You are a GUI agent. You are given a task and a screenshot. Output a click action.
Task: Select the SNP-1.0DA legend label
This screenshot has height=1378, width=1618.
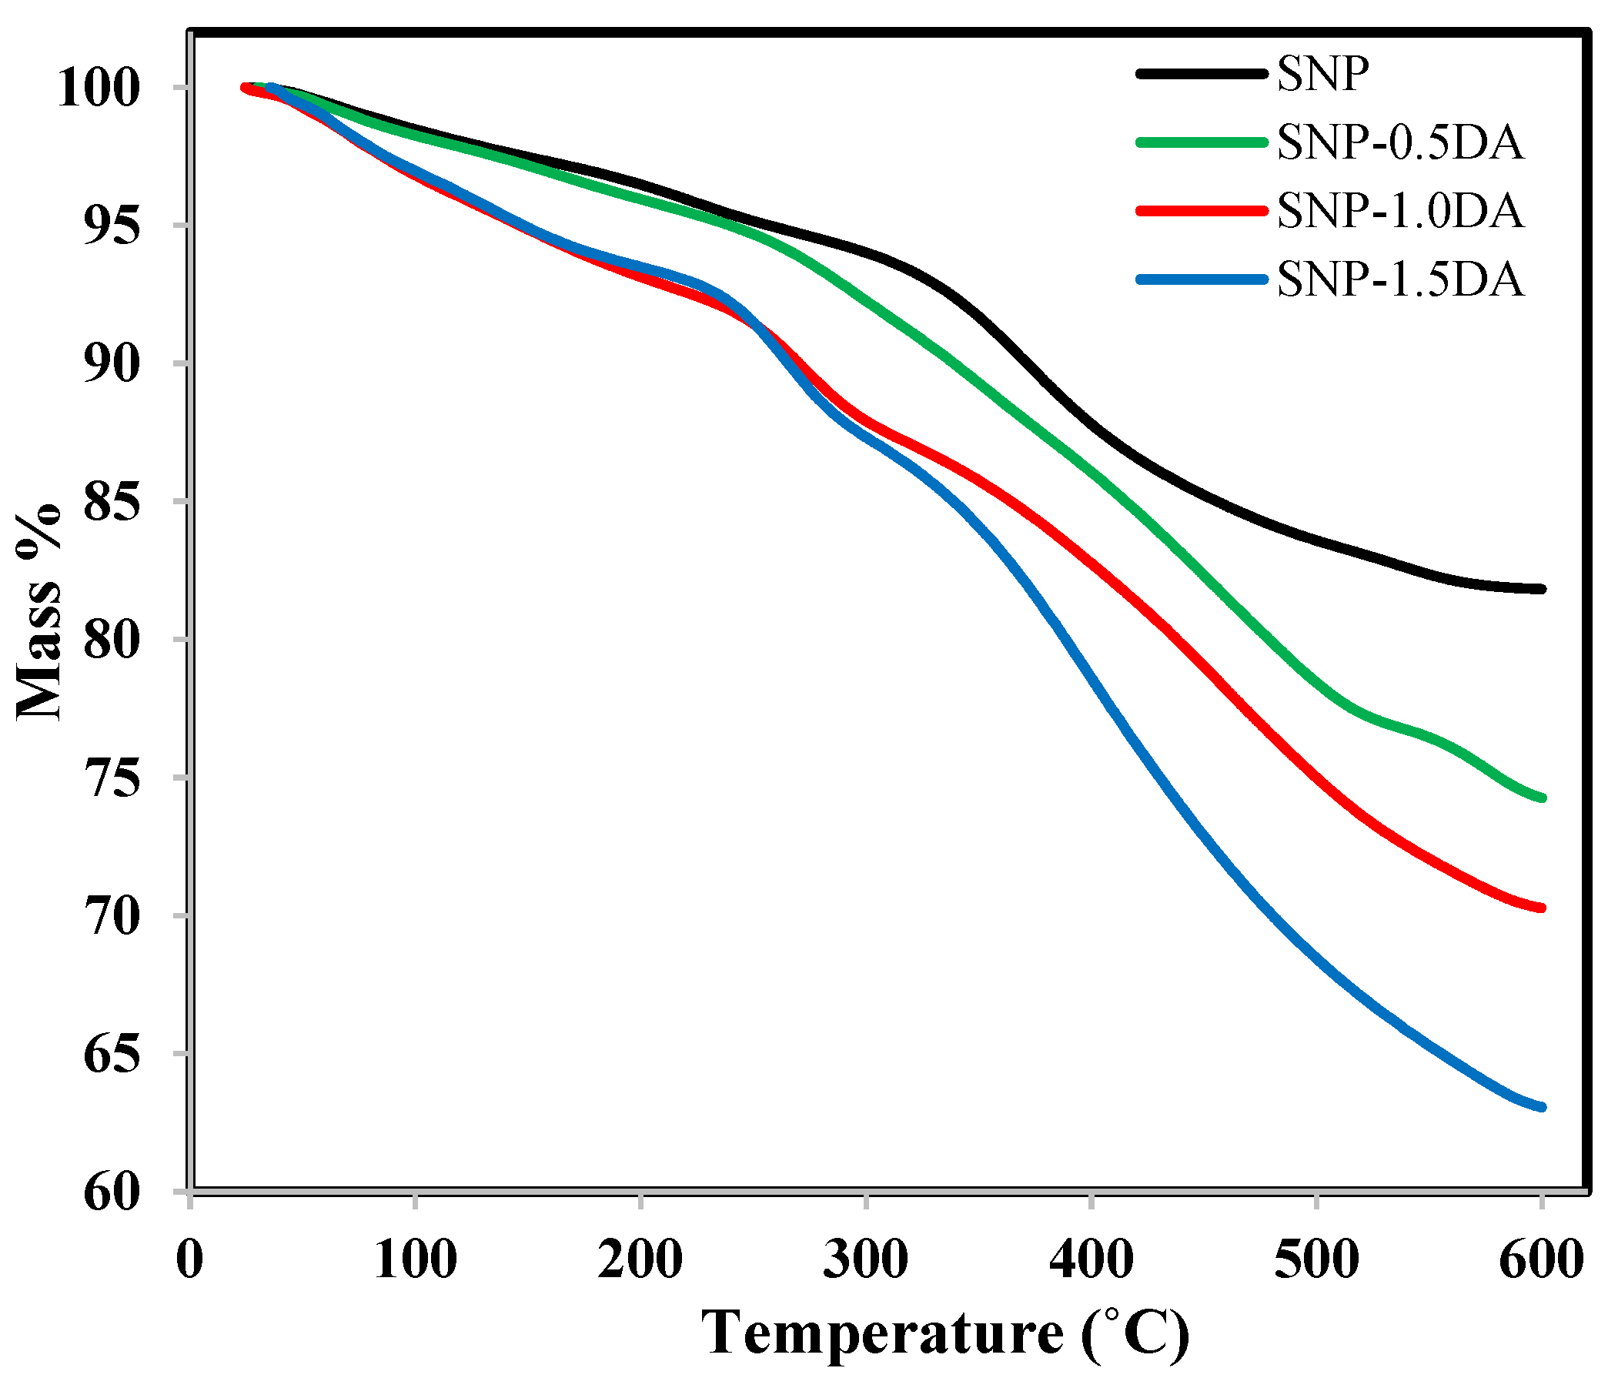click(x=1399, y=211)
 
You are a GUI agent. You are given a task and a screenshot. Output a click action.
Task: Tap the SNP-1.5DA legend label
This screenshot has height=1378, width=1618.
click(x=1399, y=279)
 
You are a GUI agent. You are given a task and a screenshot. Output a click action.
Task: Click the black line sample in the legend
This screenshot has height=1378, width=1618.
click(x=1201, y=74)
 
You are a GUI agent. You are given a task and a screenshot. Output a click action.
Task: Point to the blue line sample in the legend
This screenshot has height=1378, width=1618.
click(x=1201, y=279)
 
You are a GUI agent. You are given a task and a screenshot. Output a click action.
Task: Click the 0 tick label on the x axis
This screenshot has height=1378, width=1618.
click(x=190, y=1259)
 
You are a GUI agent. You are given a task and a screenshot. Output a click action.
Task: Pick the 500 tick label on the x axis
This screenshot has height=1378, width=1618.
click(x=1315, y=1259)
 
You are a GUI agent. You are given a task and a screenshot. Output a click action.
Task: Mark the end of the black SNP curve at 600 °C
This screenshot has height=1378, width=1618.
click(x=1541, y=589)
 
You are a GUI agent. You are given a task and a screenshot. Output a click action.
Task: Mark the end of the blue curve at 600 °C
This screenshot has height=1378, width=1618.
click(x=1541, y=1107)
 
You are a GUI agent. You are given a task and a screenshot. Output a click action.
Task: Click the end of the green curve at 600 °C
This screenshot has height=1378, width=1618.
click(x=1541, y=798)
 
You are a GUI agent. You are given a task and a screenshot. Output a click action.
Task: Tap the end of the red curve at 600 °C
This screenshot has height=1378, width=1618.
click(x=1541, y=908)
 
